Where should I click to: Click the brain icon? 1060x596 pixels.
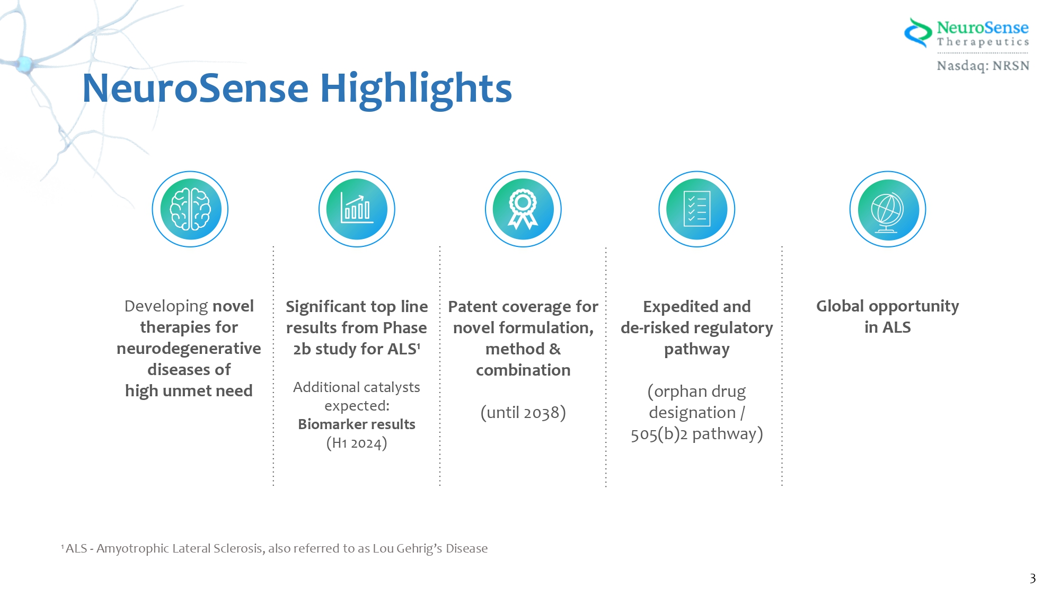click(190, 209)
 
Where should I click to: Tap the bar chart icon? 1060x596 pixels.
click(357, 209)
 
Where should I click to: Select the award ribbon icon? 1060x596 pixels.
click(523, 209)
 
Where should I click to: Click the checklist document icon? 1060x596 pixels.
click(696, 209)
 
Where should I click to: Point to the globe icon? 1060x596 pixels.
click(888, 209)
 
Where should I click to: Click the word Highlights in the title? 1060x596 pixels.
click(416, 89)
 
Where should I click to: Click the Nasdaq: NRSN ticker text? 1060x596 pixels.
click(983, 66)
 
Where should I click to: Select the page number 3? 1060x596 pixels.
click(1032, 578)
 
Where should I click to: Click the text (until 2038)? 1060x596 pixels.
click(523, 412)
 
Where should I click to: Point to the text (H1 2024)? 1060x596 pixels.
click(357, 443)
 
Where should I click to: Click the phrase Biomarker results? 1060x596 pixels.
click(357, 424)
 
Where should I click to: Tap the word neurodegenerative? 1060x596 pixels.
click(189, 349)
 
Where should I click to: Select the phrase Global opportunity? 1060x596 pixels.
click(887, 306)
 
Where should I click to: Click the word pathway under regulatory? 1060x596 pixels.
click(696, 349)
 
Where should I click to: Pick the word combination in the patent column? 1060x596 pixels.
click(523, 370)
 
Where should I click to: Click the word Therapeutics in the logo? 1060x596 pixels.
click(983, 42)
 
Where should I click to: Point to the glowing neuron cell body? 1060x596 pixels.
click(24, 64)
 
